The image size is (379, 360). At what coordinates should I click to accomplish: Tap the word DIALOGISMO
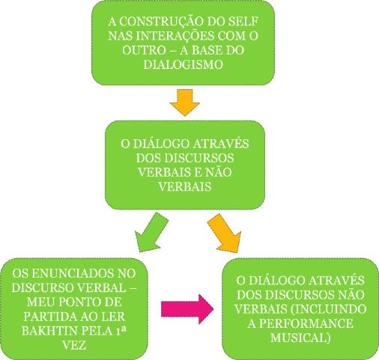(x=183, y=64)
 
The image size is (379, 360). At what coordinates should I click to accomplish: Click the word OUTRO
(x=144, y=50)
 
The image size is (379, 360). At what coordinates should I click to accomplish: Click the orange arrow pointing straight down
(x=184, y=103)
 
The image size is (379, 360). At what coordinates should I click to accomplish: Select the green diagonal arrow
(x=151, y=232)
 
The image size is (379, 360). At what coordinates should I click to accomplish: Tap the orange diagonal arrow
(x=224, y=233)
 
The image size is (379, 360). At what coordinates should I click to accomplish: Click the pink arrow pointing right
(x=187, y=309)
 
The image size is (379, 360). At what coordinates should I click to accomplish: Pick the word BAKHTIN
(x=50, y=331)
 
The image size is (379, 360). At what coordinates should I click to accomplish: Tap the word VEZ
(x=74, y=345)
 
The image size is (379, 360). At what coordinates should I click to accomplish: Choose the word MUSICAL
(x=300, y=338)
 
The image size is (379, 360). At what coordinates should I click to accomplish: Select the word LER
(x=114, y=317)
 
